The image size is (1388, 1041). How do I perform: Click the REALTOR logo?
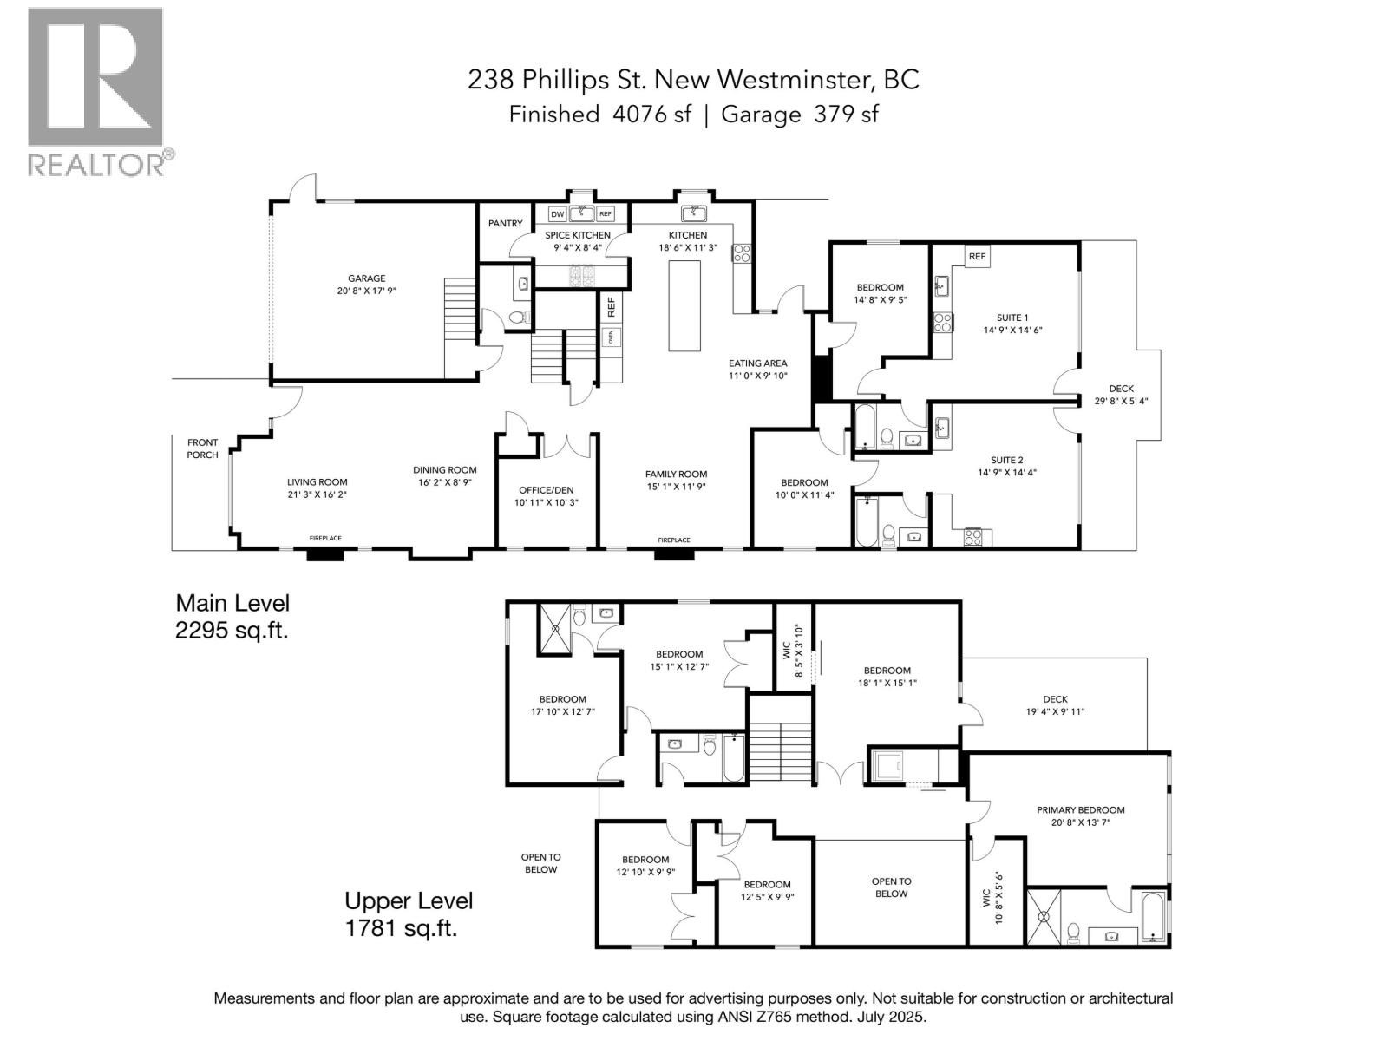point(101,92)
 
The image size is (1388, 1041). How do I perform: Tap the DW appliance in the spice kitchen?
point(557,214)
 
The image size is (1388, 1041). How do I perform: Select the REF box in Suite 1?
point(977,257)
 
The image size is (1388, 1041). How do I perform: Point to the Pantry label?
point(505,223)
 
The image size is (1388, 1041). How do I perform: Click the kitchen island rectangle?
point(684,305)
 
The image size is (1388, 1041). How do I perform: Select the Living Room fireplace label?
point(325,539)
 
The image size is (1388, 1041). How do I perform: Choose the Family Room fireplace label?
point(674,540)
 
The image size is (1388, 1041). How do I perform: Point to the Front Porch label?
point(202,448)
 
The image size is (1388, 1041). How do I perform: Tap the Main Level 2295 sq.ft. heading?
point(232,616)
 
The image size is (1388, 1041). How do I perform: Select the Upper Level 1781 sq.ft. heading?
point(409,914)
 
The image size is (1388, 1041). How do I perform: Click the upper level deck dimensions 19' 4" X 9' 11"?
point(1056,711)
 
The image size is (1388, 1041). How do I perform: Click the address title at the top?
point(693,80)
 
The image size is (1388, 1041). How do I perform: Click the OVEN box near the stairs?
point(610,337)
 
